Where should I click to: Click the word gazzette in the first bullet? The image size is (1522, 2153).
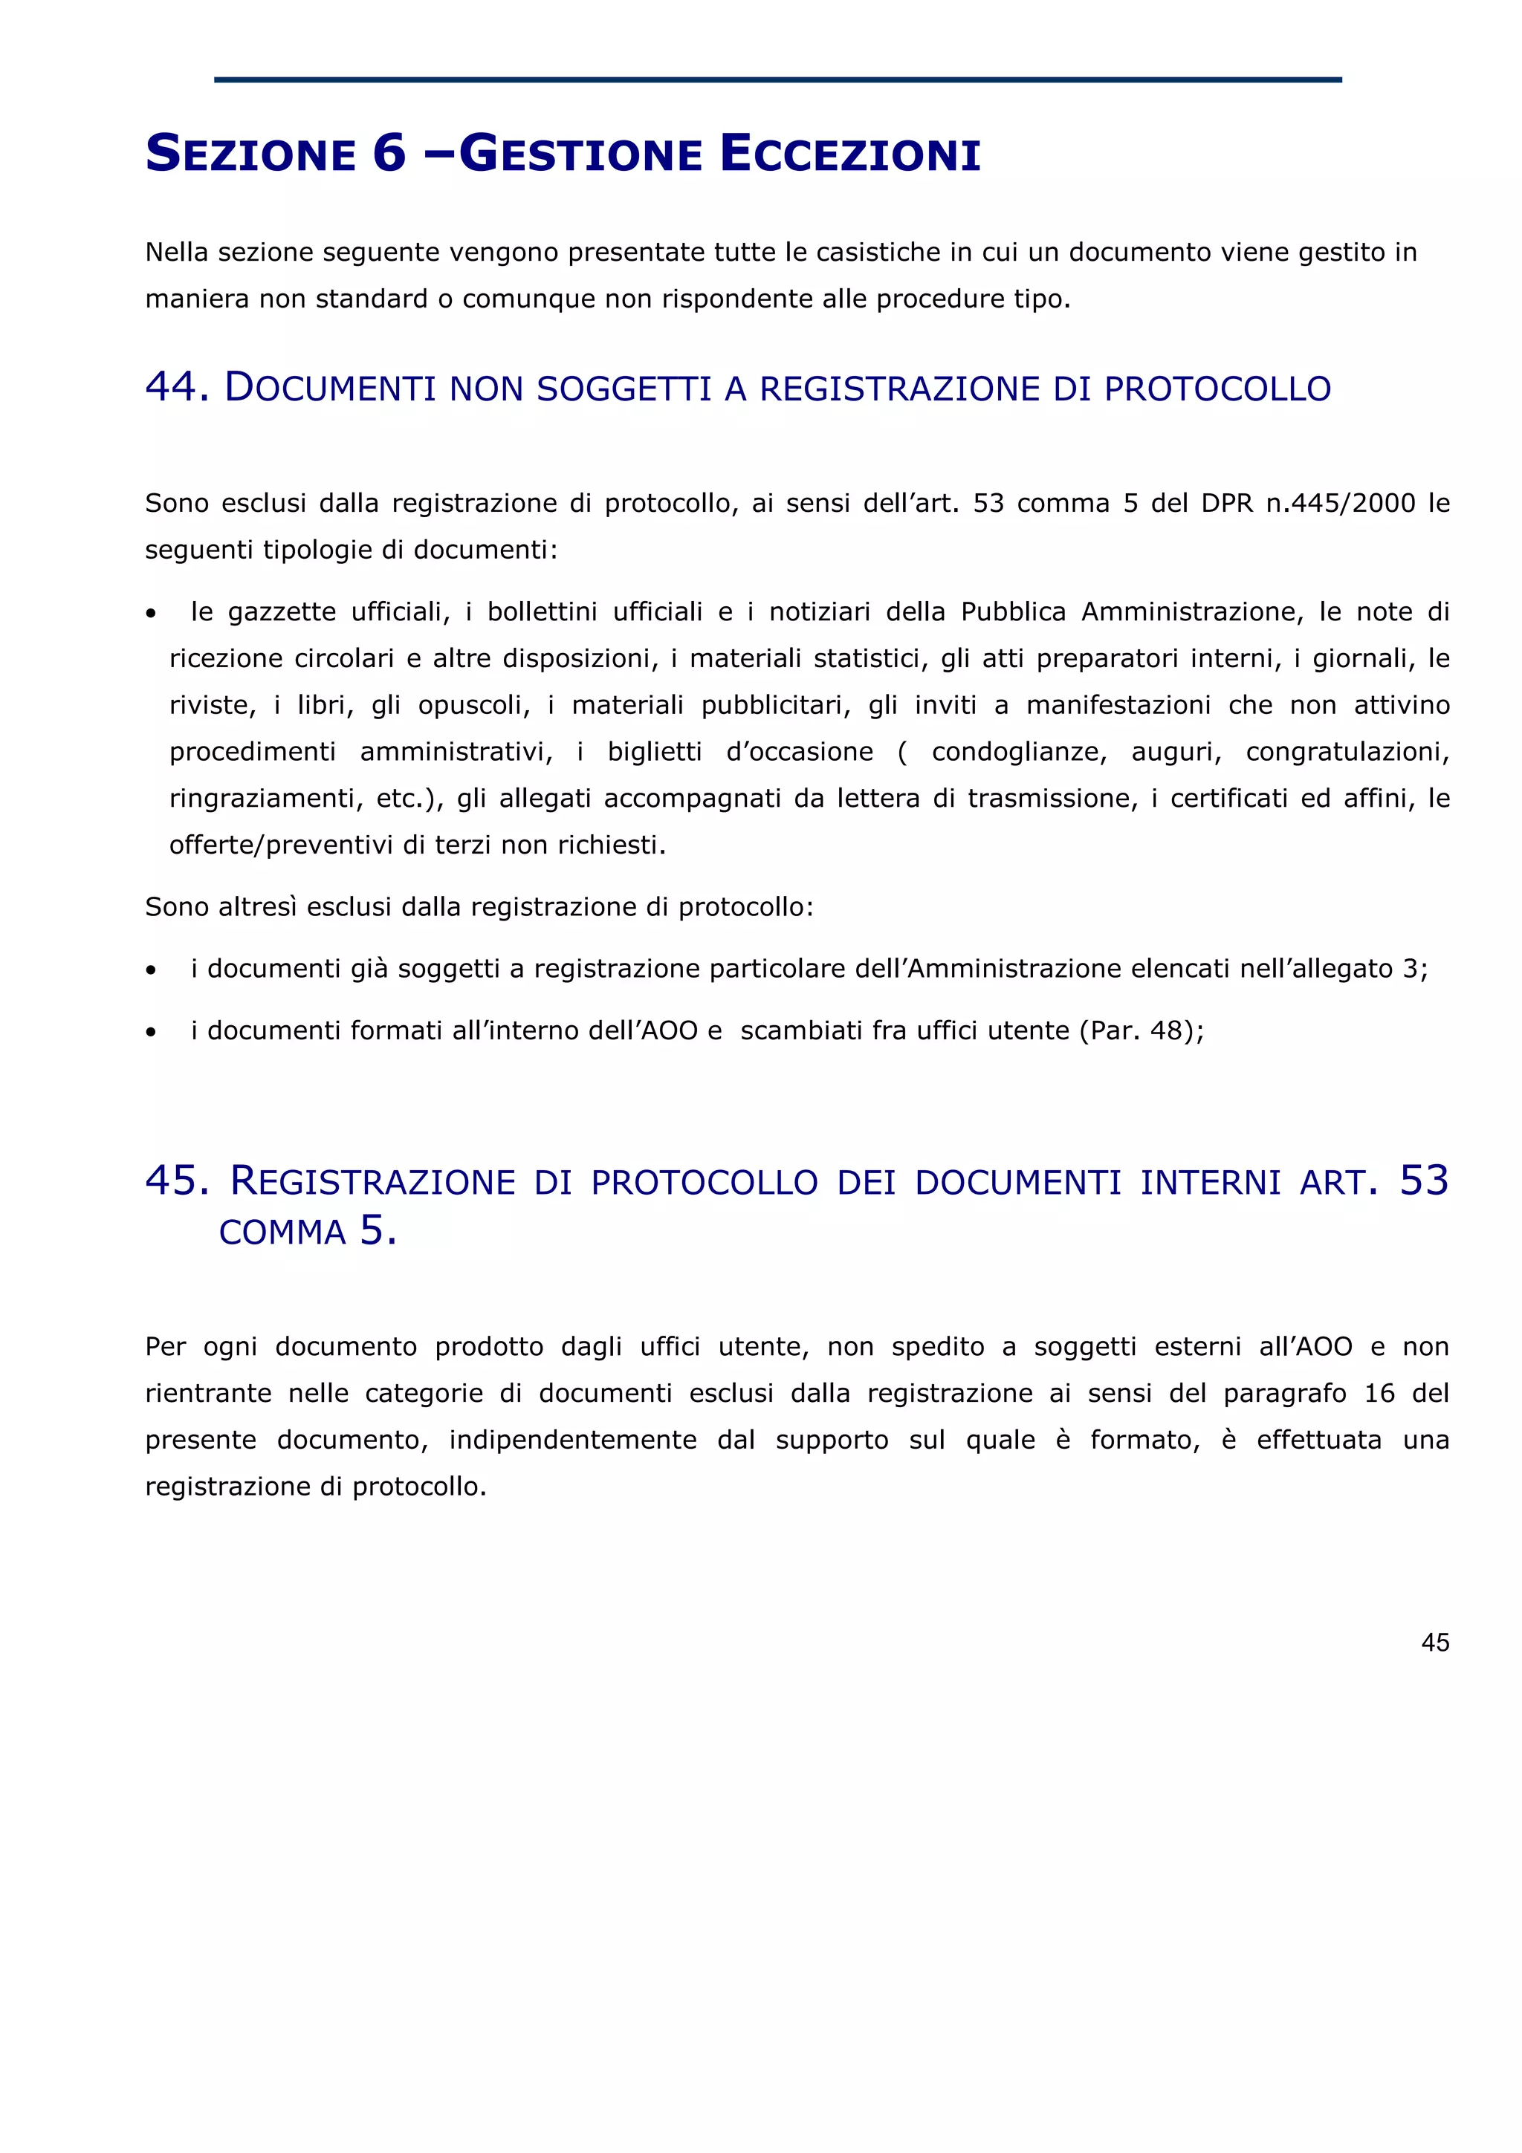282,612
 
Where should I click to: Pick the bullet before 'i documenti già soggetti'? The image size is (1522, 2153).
151,970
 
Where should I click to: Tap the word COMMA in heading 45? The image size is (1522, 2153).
282,1233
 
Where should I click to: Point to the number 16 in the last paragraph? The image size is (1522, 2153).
1379,1394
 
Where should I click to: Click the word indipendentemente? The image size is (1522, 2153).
572,1441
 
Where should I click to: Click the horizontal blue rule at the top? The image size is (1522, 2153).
777,79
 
